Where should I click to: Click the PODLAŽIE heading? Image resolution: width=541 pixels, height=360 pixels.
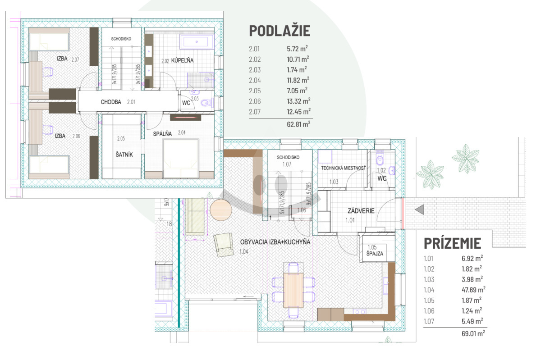(280, 31)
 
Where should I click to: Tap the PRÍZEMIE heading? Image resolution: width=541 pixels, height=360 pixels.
(452, 243)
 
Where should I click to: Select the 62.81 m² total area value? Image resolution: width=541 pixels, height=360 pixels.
(298, 124)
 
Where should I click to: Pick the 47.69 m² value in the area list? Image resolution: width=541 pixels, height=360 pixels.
(473, 290)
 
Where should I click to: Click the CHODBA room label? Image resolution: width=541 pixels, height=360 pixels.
(111, 102)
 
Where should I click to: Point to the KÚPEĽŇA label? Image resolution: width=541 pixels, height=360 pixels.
(182, 60)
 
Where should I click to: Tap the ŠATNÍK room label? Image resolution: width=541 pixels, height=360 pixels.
(124, 154)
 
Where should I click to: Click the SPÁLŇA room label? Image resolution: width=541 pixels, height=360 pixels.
(162, 133)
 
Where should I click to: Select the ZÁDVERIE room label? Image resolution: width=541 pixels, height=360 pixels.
(361, 211)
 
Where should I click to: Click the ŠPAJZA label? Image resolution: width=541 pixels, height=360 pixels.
(375, 254)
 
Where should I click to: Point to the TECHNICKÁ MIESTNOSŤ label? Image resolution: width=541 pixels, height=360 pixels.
(343, 168)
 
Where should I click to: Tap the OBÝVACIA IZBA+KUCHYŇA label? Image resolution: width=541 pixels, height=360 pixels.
(275, 242)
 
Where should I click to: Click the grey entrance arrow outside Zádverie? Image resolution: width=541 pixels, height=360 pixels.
(420, 210)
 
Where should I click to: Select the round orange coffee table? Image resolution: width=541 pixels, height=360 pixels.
(221, 210)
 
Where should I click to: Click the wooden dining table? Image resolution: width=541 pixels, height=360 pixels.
(293, 290)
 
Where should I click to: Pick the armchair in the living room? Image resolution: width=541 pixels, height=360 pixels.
(224, 245)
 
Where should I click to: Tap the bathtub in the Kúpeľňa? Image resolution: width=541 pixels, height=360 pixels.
(197, 42)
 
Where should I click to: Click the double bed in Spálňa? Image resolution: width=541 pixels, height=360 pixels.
(181, 159)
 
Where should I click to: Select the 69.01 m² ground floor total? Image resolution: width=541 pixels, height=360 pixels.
(473, 333)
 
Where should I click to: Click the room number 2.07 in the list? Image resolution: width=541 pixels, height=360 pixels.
(255, 112)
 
